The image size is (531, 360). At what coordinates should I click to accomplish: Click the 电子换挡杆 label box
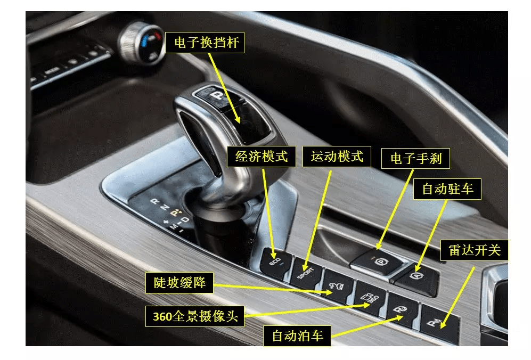click(205, 43)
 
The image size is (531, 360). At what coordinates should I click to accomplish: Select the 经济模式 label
click(261, 157)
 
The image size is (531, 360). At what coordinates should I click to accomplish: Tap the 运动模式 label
click(337, 157)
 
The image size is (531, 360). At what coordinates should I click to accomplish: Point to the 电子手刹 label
click(416, 159)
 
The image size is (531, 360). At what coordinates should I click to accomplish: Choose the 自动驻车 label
click(447, 189)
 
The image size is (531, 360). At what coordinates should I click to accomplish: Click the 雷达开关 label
click(475, 250)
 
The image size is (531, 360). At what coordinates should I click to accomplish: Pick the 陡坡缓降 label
click(179, 282)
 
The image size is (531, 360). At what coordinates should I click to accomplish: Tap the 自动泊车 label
click(297, 336)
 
